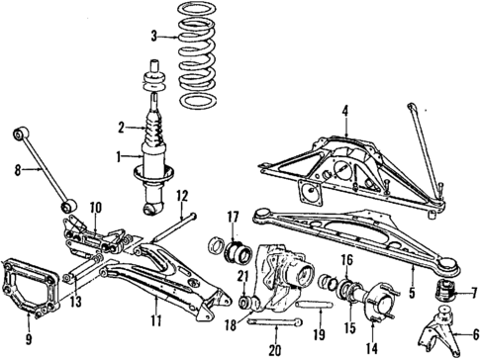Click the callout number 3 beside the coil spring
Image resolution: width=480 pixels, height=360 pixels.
153,38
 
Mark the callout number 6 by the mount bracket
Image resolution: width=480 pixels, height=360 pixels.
468,335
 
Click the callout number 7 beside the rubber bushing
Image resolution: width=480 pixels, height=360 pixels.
468,294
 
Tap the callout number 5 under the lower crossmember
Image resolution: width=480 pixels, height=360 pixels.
409,294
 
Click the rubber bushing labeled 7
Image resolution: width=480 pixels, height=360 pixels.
443,294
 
